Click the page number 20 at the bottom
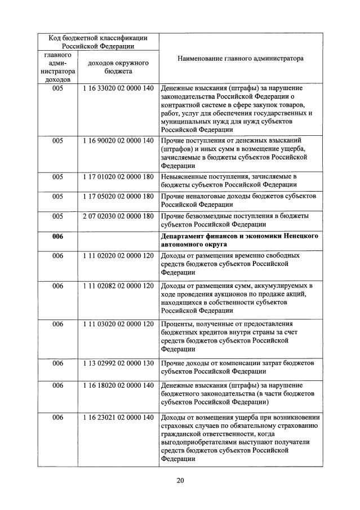[x=180, y=480]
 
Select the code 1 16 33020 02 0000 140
[x=118, y=88]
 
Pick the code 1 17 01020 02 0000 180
[x=118, y=176]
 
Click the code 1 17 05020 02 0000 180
[x=118, y=196]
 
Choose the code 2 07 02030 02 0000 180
[x=118, y=216]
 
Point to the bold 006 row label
[x=57, y=236]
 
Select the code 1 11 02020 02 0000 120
[x=118, y=255]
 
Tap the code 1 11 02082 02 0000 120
[x=118, y=286]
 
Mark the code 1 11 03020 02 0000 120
[x=118, y=324]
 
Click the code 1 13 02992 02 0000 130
[x=118, y=363]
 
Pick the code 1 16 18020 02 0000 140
[x=118, y=385]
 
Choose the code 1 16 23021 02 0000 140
[x=118, y=418]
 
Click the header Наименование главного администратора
[x=241, y=58]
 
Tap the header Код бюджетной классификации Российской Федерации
[x=98, y=42]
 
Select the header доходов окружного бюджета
[x=118, y=68]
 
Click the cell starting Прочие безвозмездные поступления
[x=241, y=220]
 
